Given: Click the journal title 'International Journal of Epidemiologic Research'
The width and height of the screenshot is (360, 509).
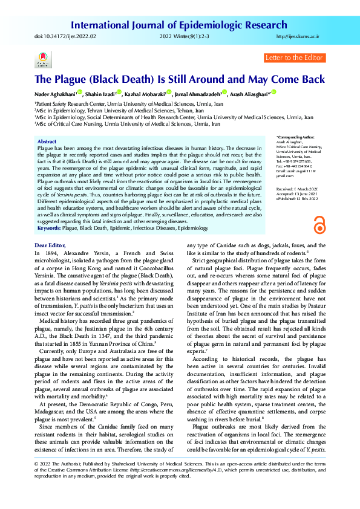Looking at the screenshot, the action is point(179,25).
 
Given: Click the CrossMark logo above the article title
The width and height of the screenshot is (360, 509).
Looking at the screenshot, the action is point(42,60).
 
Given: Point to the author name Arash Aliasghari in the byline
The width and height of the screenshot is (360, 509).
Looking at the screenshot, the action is point(249,94).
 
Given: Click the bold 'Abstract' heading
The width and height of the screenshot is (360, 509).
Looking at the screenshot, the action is point(47,141).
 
